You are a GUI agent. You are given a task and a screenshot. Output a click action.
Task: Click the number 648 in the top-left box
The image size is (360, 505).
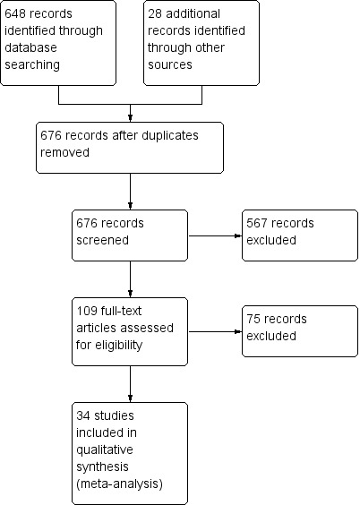point(15,13)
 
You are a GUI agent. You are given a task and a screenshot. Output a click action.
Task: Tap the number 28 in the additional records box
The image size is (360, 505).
point(155,13)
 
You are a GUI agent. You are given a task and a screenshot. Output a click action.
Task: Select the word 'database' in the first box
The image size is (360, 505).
point(30,47)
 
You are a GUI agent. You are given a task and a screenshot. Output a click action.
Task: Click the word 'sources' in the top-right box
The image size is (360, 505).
point(169,64)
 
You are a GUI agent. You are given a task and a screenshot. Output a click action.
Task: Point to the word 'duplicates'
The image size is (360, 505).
point(169,135)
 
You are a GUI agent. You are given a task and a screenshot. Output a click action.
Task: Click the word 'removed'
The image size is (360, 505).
point(64,152)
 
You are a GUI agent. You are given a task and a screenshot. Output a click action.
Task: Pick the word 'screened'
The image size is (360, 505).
point(102,240)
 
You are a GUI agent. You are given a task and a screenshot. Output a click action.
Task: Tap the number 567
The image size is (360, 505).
point(257,223)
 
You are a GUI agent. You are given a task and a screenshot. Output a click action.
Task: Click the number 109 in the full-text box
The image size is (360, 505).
point(87,311)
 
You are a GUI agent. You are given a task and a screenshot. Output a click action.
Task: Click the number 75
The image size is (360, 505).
point(253,319)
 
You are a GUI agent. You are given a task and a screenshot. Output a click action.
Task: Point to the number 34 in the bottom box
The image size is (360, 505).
point(83,415)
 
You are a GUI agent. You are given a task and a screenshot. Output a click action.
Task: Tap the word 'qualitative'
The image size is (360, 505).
point(105,450)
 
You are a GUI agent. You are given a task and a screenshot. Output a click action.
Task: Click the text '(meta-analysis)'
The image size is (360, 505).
point(119,484)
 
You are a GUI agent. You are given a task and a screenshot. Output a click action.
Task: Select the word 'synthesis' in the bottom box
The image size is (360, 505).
point(102,467)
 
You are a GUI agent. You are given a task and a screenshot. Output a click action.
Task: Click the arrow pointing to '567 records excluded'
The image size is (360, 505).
point(215,235)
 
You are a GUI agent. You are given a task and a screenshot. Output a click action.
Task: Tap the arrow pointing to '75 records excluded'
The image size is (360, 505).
point(215,331)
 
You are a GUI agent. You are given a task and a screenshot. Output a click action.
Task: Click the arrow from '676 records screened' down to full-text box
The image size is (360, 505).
point(130,278)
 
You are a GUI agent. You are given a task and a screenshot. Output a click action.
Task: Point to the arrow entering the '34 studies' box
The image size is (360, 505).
point(130,384)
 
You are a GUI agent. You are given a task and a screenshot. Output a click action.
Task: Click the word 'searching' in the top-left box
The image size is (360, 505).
point(32,65)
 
